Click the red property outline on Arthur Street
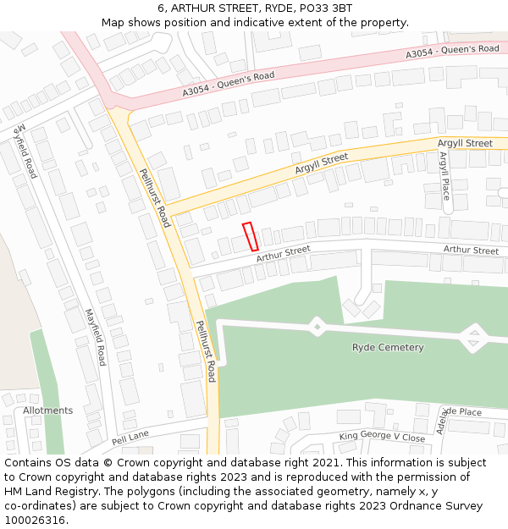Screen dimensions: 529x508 tap(251, 236)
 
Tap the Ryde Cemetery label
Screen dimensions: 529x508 tap(388, 348)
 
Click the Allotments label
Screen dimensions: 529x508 tap(48, 411)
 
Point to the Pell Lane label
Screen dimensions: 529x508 tap(130, 438)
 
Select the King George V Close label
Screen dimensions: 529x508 tap(382, 438)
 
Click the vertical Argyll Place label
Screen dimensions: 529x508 tap(445, 179)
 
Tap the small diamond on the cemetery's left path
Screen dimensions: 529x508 tap(317, 325)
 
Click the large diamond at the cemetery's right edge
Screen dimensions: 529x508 tap(473, 339)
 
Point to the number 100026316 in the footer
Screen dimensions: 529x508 tap(34, 521)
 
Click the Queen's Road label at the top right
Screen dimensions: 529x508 tap(452, 52)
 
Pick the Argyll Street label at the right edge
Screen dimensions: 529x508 tap(465, 144)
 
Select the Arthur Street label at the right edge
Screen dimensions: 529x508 tap(471, 251)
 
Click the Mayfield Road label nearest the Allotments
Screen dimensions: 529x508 tap(94, 336)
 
